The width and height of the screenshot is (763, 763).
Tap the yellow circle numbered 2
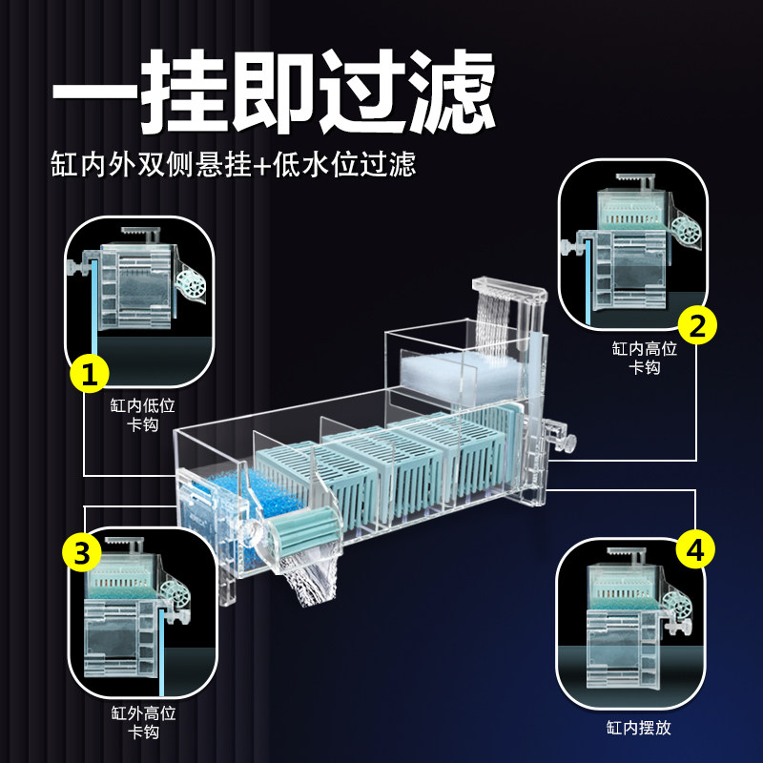[x=697, y=326]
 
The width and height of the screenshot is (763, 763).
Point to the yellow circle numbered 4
[x=695, y=550]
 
